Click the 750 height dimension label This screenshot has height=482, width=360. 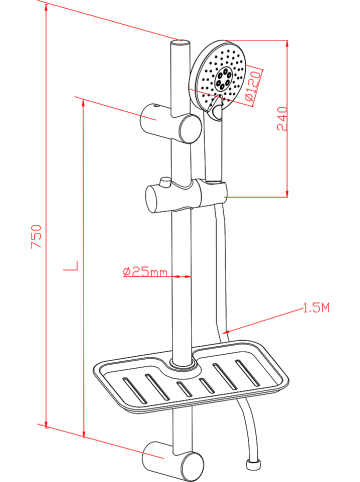[x=36, y=236]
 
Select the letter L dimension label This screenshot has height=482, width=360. [x=71, y=266]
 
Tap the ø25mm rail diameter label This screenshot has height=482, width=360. [x=145, y=272]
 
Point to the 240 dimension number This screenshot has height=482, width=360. [x=282, y=118]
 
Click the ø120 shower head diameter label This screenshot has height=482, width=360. [x=253, y=86]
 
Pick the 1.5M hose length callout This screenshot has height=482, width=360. [x=316, y=307]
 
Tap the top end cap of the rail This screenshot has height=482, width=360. [x=180, y=44]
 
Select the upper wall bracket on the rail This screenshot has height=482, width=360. [x=171, y=123]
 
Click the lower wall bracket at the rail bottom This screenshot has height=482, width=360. [x=173, y=461]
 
